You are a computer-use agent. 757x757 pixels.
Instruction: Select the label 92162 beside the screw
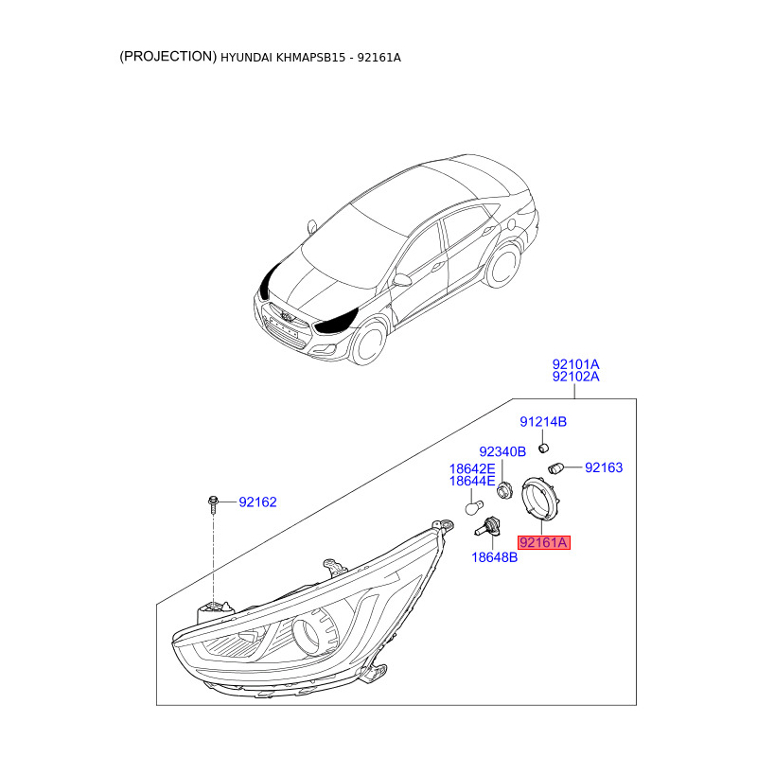point(257,502)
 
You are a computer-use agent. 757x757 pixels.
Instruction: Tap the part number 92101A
point(575,363)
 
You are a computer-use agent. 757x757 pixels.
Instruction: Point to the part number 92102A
point(575,377)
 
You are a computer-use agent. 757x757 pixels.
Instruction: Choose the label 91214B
point(542,421)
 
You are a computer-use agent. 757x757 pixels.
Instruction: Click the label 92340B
point(502,452)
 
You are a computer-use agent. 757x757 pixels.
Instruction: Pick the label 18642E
point(471,468)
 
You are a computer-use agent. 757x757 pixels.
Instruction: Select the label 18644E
point(471,482)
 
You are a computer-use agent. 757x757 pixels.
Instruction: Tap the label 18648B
point(494,557)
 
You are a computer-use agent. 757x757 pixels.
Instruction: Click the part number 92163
point(604,467)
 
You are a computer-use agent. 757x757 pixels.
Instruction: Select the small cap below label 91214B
point(544,446)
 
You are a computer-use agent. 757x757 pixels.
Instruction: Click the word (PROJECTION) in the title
point(167,57)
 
